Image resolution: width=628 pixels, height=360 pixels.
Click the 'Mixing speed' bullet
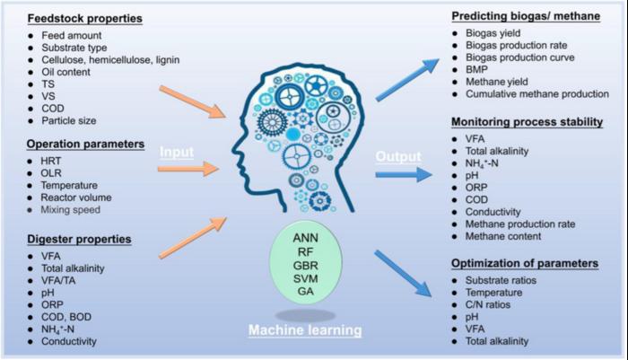62,209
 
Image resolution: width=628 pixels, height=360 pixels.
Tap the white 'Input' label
178,153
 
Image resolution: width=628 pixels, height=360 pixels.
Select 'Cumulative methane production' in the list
532,93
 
